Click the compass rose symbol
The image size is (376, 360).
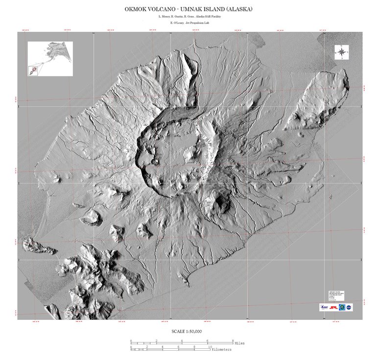341,52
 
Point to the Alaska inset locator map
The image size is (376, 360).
50,58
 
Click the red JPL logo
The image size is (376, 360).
333,308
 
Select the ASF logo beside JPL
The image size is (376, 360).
324,308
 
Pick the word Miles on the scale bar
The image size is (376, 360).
239,343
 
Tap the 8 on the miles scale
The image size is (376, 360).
233,340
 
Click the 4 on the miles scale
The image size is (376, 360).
182,340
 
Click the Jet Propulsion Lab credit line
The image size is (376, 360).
188,23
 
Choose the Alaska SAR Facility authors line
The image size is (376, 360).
188,17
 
